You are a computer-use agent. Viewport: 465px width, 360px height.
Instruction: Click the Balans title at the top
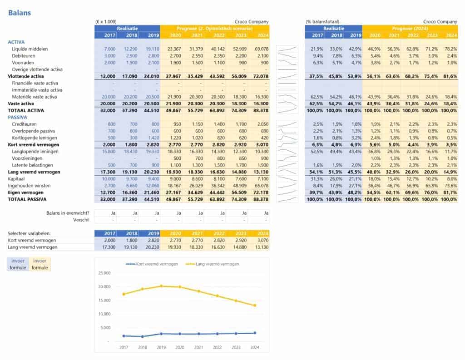pos(20,13)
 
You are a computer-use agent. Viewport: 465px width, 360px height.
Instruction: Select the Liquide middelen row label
pos(30,49)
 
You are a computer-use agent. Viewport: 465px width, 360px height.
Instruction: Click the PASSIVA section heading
pos(18,117)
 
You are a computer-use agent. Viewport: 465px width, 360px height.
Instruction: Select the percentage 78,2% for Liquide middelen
pos(451,49)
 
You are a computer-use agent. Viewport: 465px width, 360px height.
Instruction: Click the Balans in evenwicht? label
pos(68,213)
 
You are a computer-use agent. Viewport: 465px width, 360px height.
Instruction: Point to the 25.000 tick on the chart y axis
pos(104,273)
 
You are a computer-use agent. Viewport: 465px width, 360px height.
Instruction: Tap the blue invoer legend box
pos(18,261)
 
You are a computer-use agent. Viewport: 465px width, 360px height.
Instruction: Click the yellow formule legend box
pos(40,268)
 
